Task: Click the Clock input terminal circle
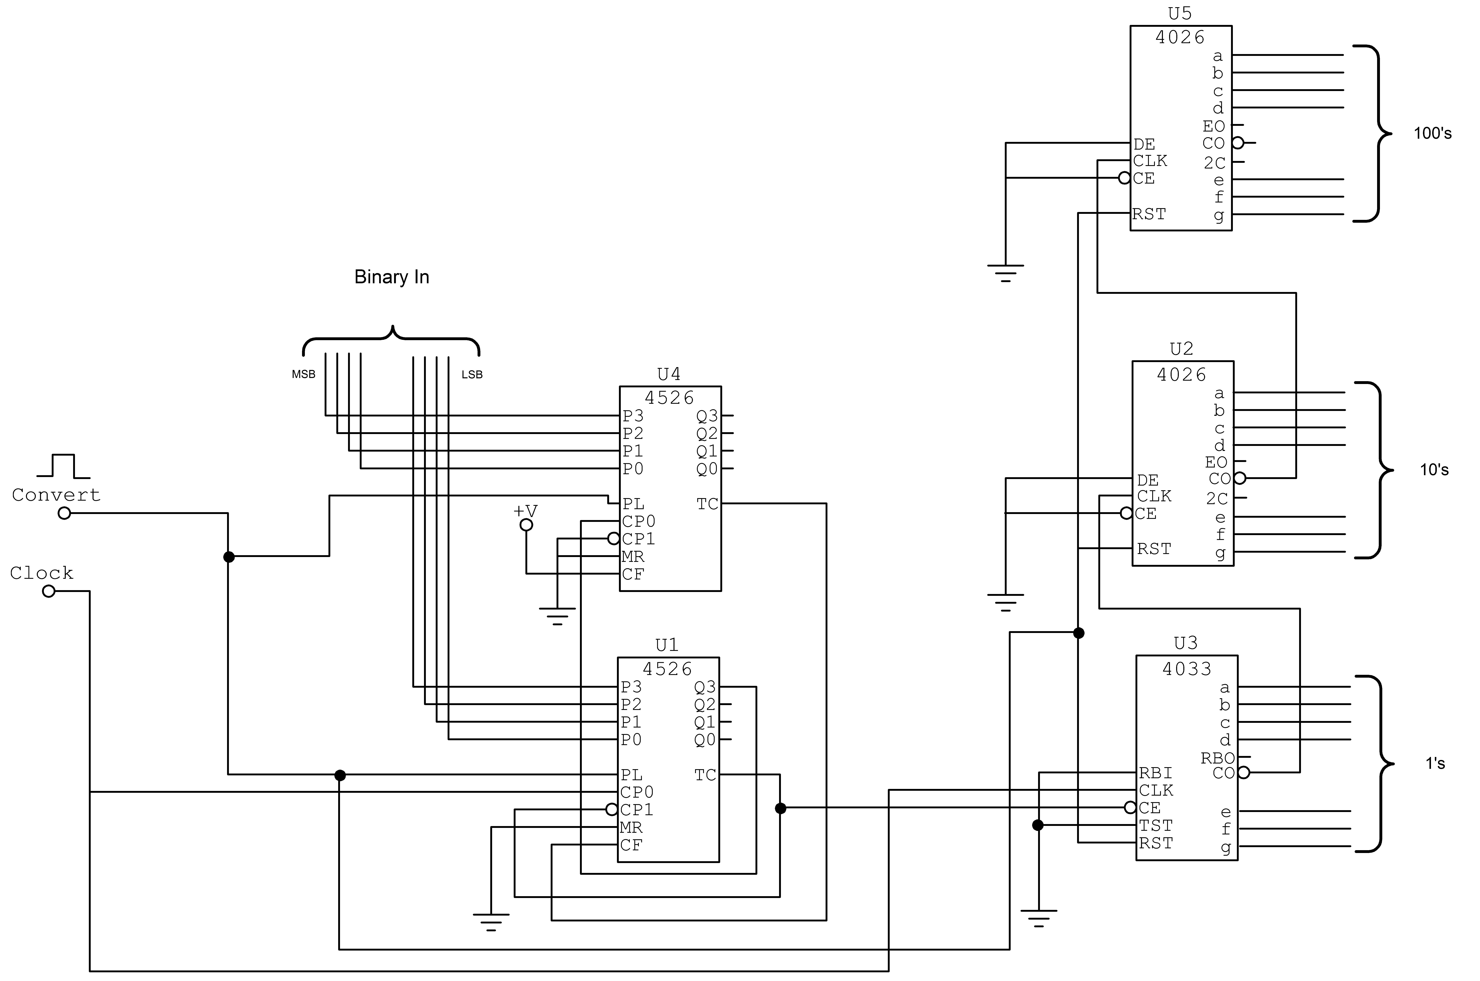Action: [49, 591]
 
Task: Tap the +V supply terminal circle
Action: [527, 525]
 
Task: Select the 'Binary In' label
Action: [392, 277]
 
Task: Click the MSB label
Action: [303, 374]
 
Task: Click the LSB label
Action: [472, 375]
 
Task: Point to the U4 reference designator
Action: [669, 374]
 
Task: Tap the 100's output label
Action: [1432, 133]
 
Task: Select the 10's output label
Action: [1434, 470]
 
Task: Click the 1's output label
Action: [1435, 763]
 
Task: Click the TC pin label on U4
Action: [707, 504]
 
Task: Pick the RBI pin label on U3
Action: [1155, 773]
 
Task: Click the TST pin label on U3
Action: [1155, 826]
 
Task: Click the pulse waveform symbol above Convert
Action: [63, 466]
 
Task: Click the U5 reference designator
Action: [1180, 13]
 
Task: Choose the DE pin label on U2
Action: [1148, 481]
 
